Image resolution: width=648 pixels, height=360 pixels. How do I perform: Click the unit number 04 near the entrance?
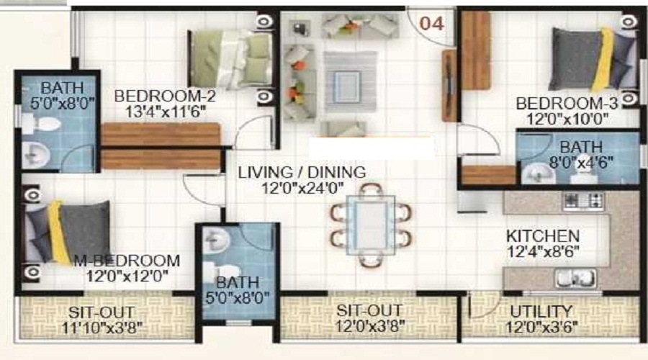[432, 24]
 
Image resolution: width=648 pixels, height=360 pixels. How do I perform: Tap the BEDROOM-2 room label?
[165, 96]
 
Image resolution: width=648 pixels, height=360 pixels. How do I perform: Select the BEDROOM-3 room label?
[567, 104]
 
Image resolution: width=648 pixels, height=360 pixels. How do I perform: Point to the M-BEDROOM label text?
[127, 261]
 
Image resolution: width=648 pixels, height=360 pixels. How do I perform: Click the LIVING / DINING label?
[302, 172]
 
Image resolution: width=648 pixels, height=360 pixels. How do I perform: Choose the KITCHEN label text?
[543, 236]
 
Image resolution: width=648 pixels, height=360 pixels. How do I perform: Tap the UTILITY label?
[541, 311]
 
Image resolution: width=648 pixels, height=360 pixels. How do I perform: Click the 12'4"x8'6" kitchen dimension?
[543, 251]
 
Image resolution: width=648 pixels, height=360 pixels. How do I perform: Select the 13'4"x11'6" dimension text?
[166, 112]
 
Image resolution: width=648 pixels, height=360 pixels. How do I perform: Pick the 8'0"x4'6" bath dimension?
[580, 162]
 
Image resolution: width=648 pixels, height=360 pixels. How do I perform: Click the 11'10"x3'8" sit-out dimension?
[102, 328]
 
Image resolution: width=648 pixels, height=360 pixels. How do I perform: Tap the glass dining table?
[371, 225]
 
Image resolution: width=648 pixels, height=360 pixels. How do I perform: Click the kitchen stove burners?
[583, 202]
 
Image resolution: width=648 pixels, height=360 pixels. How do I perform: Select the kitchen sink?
[575, 278]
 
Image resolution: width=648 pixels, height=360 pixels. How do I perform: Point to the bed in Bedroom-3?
[593, 59]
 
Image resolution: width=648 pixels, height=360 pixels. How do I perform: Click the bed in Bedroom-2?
[230, 59]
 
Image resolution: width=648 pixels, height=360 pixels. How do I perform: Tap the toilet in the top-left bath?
[41, 124]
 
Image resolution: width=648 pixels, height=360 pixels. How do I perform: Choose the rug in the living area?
[350, 81]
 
